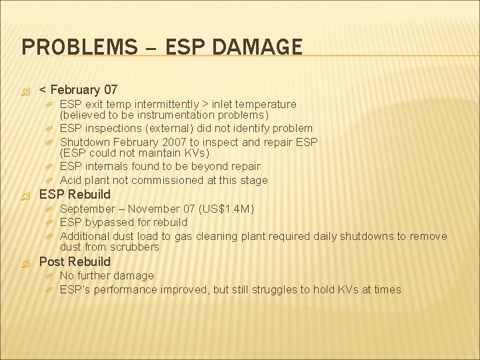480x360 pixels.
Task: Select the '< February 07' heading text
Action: [x=79, y=89]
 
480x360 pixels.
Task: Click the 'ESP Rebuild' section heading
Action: [x=75, y=195]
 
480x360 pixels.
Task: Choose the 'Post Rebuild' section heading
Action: [x=75, y=261]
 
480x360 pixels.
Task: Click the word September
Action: [x=86, y=209]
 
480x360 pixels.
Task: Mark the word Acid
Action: [x=71, y=180]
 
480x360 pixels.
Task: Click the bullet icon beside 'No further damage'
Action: [x=49, y=276]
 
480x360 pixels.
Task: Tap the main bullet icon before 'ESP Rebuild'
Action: [x=28, y=195]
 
